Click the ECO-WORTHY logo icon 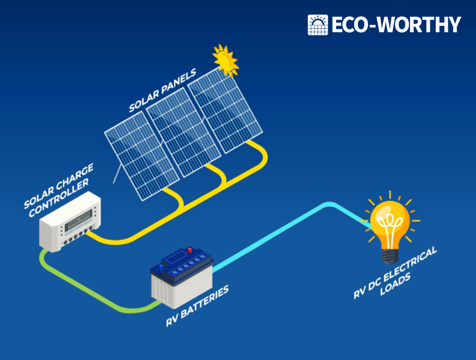(318, 25)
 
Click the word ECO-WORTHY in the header (396, 25)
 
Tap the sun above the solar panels (226, 60)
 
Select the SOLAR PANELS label (162, 91)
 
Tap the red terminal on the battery (190, 251)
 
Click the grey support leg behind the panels (117, 174)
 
